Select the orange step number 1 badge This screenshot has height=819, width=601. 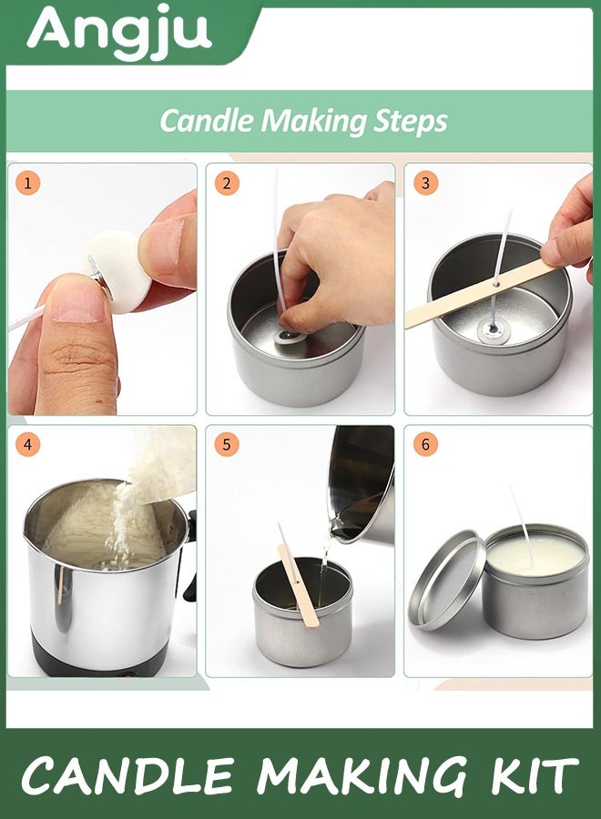pyautogui.click(x=27, y=183)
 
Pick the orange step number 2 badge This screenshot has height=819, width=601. pyautogui.click(x=227, y=183)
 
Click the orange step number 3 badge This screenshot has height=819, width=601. pyautogui.click(x=425, y=183)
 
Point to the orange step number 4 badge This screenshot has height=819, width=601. pyautogui.click(x=27, y=444)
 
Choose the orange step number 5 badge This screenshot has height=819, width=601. pyautogui.click(x=227, y=444)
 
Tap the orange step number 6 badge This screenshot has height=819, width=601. pyautogui.click(x=425, y=444)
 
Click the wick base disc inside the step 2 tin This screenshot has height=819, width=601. pyautogui.click(x=288, y=337)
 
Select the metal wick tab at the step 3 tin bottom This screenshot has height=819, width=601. pyautogui.click(x=493, y=330)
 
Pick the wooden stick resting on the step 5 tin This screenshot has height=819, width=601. pyautogui.click(x=299, y=585)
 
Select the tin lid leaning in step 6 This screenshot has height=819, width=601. pyautogui.click(x=448, y=581)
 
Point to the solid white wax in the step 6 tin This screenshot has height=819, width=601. pyautogui.click(x=535, y=557)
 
